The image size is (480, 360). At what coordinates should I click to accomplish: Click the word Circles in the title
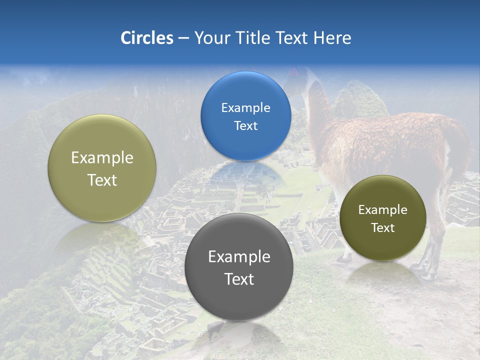click(x=146, y=38)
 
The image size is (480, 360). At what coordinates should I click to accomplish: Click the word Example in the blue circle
click(x=245, y=108)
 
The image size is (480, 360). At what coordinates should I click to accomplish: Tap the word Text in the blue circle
click(x=245, y=126)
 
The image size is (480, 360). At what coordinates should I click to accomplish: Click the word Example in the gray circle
click(x=239, y=257)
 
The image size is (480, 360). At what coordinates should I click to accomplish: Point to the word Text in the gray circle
click(x=239, y=279)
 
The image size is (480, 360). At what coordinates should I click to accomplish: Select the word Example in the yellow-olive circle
click(x=102, y=158)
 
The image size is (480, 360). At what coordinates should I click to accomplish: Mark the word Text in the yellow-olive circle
click(x=102, y=180)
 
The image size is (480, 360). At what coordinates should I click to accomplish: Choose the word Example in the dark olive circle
click(x=382, y=210)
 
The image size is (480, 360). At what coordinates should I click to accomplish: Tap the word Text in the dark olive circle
click(x=382, y=228)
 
